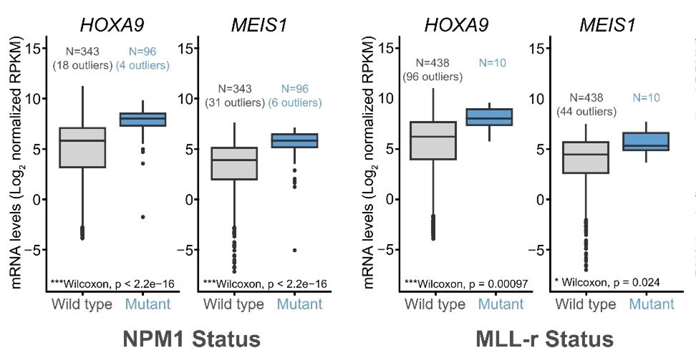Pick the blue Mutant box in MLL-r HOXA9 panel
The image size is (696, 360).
point(490,117)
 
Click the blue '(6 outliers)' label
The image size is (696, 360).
point(300,103)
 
